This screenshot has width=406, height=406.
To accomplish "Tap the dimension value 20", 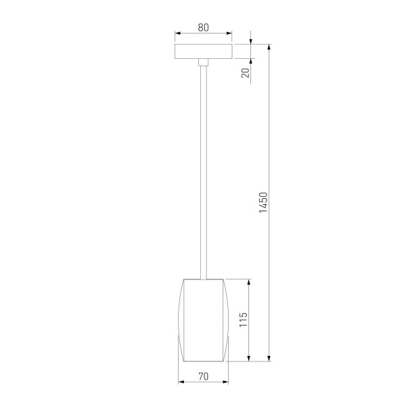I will click(x=246, y=71).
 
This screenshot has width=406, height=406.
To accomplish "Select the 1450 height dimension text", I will click(x=264, y=202).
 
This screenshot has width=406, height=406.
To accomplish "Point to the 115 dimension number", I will click(x=244, y=319).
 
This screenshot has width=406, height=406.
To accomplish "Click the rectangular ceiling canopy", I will click(x=203, y=51).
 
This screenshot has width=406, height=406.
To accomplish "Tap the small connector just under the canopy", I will click(x=203, y=62).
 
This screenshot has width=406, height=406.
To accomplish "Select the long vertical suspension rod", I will click(x=203, y=169).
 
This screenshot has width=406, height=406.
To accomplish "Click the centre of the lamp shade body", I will click(x=203, y=319).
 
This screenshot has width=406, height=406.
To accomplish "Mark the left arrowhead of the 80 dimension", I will click(x=177, y=32).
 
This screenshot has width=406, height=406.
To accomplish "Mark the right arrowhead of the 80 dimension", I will click(x=229, y=32).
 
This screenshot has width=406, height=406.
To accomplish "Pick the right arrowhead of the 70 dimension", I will click(x=225, y=382).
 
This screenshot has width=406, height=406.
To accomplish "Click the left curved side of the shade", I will click(x=179, y=319).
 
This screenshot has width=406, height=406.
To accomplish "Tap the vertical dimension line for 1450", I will click(x=270, y=135).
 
